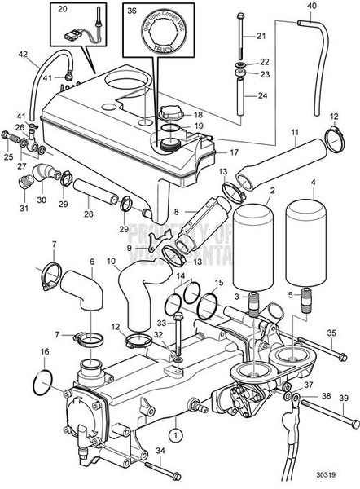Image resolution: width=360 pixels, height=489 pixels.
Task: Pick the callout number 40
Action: point(311,7)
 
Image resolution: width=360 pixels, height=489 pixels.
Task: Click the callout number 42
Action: point(23,56)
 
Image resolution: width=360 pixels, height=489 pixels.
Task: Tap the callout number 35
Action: point(331,333)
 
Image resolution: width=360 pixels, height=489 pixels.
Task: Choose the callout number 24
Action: point(261,96)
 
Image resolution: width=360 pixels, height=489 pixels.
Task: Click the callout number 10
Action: point(112,262)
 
